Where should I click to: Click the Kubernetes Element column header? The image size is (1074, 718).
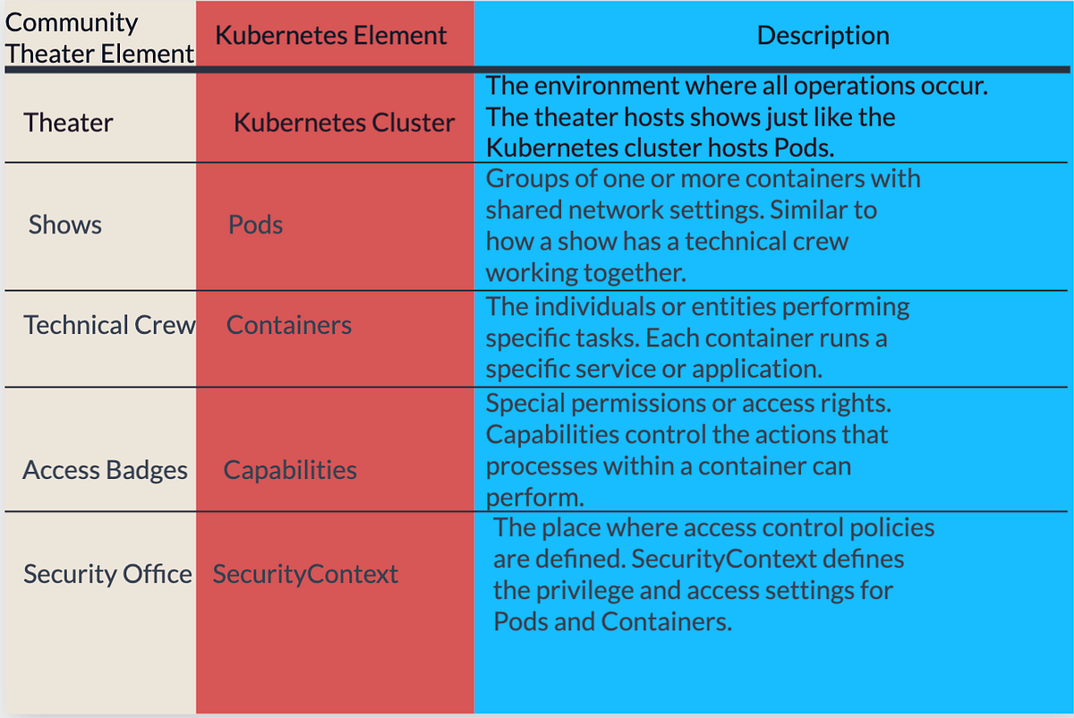[x=331, y=36]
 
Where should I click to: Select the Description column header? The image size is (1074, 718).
[x=823, y=36]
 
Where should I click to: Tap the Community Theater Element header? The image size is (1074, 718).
[x=98, y=38]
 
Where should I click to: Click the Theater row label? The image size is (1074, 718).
[x=68, y=123]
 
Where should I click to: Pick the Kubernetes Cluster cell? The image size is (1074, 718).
[x=344, y=123]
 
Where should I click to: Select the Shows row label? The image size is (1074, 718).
[x=64, y=225]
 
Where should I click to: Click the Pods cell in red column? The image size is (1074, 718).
[x=255, y=225]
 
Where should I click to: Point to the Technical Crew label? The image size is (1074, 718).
[x=109, y=325]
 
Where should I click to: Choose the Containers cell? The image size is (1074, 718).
[x=288, y=325]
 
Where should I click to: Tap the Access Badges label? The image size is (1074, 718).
[x=106, y=470]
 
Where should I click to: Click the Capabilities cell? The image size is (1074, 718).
[x=290, y=470]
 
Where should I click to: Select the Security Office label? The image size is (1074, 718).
[x=107, y=574]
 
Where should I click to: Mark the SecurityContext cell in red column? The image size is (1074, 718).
[x=305, y=574]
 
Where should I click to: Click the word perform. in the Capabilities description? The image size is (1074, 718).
[x=523, y=497]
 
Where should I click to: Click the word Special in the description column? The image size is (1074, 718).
[x=522, y=404]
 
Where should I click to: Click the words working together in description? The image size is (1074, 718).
[x=585, y=273]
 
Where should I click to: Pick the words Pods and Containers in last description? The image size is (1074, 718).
[x=612, y=621]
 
